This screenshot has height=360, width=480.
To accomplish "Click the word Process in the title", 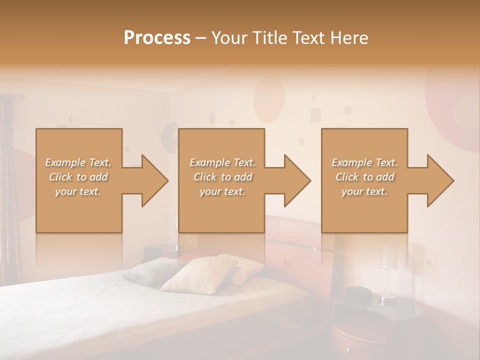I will pyautogui.click(x=157, y=38).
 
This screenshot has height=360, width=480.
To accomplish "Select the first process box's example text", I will pyautogui.click(x=78, y=177).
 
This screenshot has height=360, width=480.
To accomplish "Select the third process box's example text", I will pyautogui.click(x=364, y=177).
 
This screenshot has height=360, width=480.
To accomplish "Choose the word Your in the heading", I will pyautogui.click(x=227, y=38).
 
